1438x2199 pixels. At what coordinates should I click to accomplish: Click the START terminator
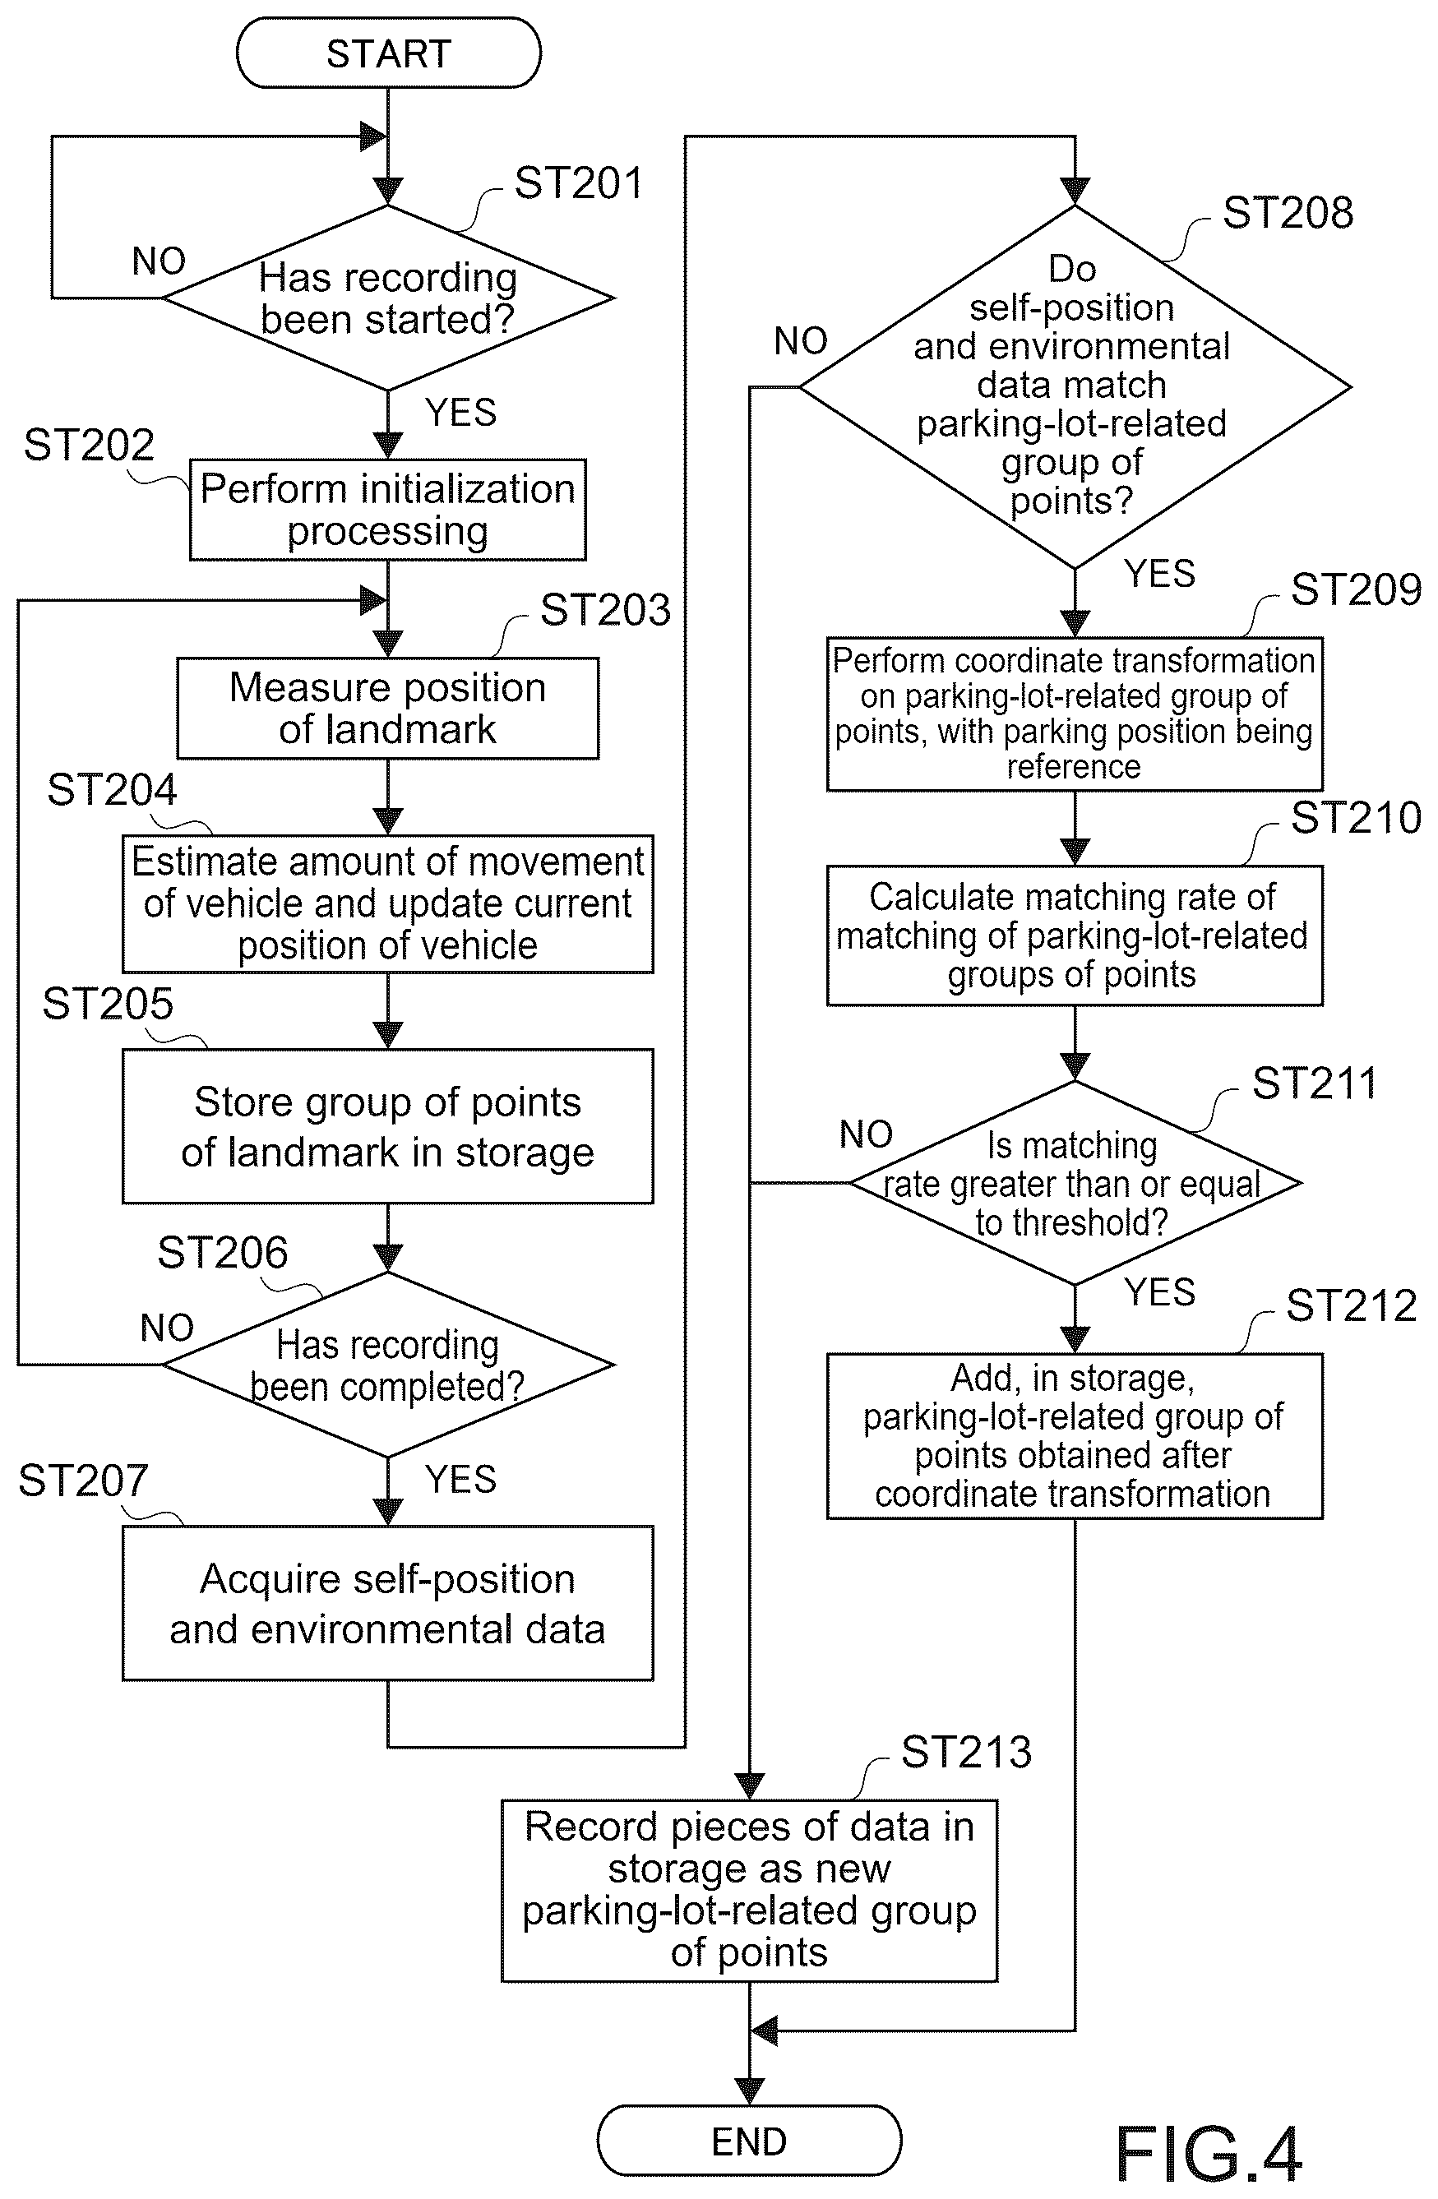tap(388, 53)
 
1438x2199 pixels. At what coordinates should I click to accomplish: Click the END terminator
tap(748, 2141)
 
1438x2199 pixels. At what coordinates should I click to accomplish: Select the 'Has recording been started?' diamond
tap(388, 298)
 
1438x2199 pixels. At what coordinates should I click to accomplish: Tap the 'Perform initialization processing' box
tap(388, 509)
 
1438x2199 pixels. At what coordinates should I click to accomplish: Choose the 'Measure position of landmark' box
tap(388, 708)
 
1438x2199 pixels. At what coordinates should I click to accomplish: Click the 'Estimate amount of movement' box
tap(388, 903)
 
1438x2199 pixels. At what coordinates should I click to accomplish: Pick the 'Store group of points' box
tap(388, 1125)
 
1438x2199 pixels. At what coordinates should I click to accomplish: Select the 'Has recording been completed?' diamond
tap(388, 1364)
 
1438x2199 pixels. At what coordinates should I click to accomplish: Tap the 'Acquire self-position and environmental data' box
tap(388, 1603)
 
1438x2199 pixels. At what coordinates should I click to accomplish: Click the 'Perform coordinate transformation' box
tap(1075, 714)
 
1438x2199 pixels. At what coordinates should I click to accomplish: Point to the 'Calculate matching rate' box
tap(1075, 935)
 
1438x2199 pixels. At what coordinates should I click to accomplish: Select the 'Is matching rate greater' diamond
tap(1075, 1183)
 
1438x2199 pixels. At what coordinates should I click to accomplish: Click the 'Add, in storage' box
tap(1075, 1436)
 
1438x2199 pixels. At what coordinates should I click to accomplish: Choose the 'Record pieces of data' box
tap(750, 1891)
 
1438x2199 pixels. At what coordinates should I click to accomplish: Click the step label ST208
tap(1288, 213)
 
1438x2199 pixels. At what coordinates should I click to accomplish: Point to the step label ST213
tap(967, 1752)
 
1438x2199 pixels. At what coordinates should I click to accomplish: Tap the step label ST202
tap(89, 446)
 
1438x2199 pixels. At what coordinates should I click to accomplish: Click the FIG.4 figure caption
tap(1209, 2154)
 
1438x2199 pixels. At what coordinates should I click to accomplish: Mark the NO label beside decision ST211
tap(866, 1134)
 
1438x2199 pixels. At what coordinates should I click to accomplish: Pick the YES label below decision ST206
tap(460, 1479)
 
